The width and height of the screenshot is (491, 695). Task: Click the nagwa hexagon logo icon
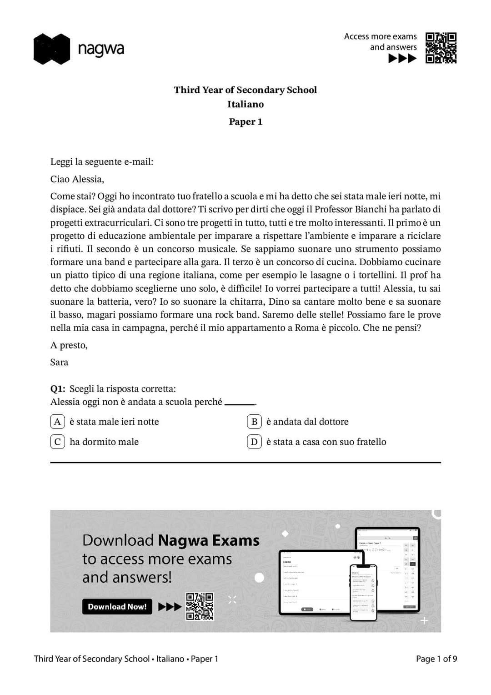click(51, 49)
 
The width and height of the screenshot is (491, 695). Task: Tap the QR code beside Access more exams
click(441, 48)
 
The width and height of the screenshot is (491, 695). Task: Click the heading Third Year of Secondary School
click(245, 90)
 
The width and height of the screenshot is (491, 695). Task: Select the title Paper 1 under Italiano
click(245, 121)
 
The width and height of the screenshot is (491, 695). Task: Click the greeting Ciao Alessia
click(77, 179)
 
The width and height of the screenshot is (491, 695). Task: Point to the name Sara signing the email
click(59, 362)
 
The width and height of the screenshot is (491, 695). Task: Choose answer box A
click(57, 422)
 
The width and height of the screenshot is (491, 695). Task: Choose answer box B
click(254, 422)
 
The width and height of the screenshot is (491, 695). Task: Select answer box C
click(57, 442)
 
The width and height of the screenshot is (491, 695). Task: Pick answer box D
click(254, 442)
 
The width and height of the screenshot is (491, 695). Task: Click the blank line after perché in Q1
click(240, 403)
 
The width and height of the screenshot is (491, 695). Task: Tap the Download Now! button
click(117, 606)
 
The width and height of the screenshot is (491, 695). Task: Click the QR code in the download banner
click(200, 606)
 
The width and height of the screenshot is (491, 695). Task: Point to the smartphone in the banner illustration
click(363, 592)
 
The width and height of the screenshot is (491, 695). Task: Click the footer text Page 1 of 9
click(436, 659)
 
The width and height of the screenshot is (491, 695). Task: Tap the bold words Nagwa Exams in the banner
click(208, 540)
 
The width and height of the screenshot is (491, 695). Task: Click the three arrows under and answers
click(402, 58)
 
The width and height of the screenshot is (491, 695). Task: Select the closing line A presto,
click(69, 345)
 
